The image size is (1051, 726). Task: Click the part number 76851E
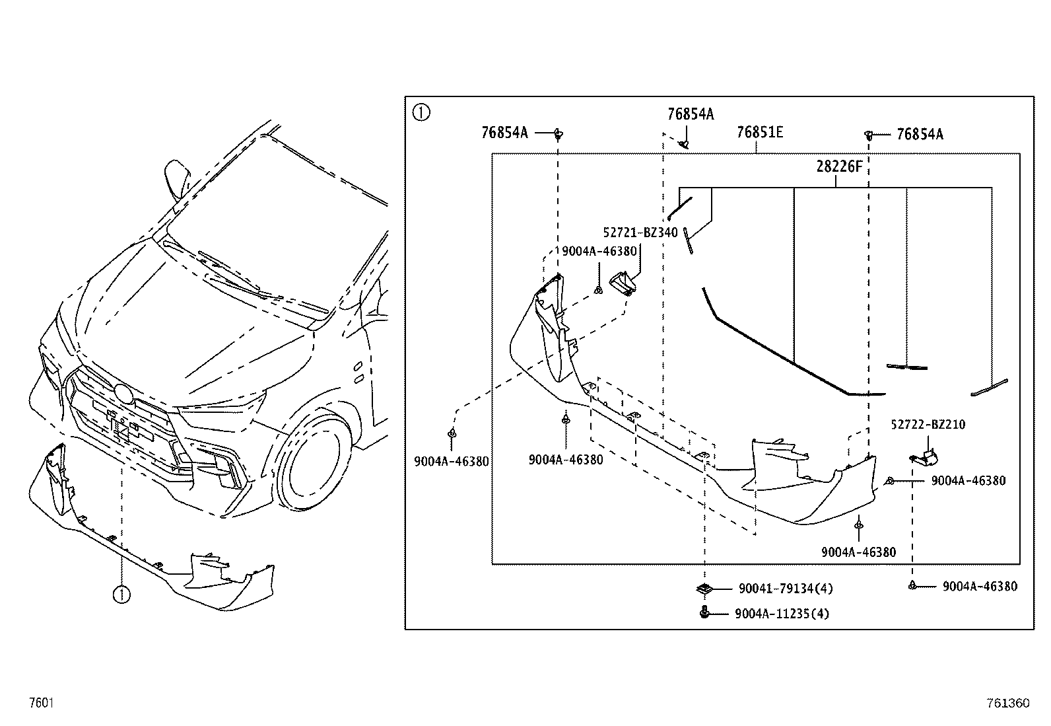click(760, 132)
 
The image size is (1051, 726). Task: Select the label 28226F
click(839, 166)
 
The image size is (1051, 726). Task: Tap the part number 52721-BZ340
click(640, 233)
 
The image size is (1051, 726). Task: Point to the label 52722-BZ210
click(928, 425)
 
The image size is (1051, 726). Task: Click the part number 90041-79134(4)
click(786, 589)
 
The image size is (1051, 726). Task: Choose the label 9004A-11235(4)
click(782, 614)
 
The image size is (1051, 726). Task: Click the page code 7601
click(42, 702)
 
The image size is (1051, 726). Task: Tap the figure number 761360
click(1008, 703)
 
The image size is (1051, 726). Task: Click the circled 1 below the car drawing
click(121, 595)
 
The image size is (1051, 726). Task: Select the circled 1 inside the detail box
click(421, 113)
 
